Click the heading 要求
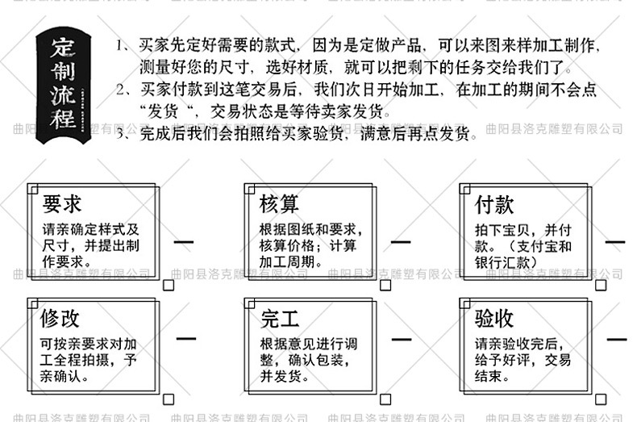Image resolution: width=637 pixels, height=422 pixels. pos(62,204)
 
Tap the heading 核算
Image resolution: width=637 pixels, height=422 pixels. pos(279,204)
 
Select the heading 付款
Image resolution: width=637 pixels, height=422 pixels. pos(494,204)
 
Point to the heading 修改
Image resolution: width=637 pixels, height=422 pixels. pos(61,318)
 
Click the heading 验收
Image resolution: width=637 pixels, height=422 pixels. pos(494,318)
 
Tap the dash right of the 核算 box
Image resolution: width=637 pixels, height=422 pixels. pos(400,240)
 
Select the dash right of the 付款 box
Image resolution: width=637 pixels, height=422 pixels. pos(616,240)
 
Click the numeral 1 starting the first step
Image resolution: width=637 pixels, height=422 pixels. pos(120,45)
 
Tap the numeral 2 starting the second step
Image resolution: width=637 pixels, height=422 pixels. pos(120,90)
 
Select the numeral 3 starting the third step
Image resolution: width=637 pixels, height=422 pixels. pos(120,134)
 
